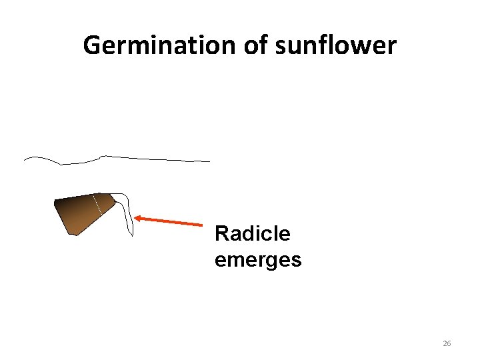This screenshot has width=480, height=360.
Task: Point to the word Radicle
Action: pos(252,234)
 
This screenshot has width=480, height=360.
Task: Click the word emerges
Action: pos(258,259)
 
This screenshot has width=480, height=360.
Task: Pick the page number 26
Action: pos(447,343)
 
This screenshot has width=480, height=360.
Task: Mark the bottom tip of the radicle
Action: pos(131,235)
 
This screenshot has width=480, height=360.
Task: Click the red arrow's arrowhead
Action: pos(138,217)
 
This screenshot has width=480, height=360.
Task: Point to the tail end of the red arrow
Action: pos(201,225)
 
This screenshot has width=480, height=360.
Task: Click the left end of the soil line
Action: pos(25,160)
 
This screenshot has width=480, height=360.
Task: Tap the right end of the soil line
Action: pos(209,161)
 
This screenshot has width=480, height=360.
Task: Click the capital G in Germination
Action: pos(93,46)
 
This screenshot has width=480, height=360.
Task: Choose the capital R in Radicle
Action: pos(221,234)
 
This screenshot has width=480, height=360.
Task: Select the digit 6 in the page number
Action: pos(449,343)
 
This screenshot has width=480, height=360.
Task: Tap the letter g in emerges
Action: pos(267,261)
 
